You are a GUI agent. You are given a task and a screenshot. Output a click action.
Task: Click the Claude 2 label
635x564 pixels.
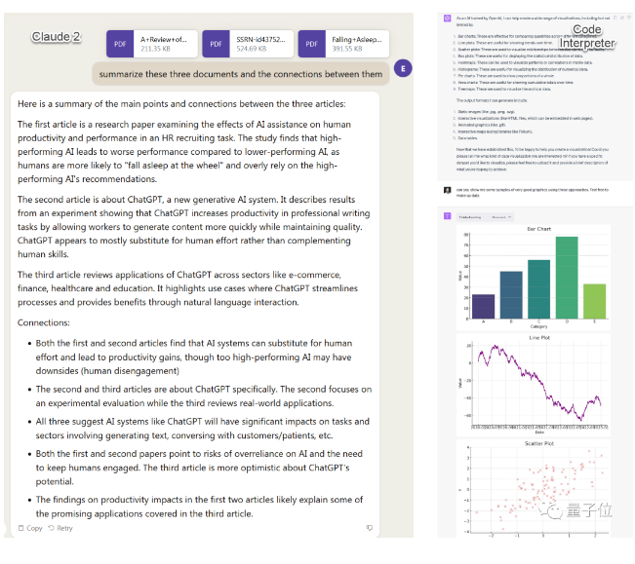pyautogui.click(x=57, y=37)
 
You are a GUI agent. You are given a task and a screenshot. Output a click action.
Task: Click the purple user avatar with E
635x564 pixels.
pyautogui.click(x=403, y=69)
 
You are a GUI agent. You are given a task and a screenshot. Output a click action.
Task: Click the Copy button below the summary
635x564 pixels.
pyautogui.click(x=30, y=528)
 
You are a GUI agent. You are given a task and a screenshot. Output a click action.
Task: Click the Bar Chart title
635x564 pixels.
pyautogui.click(x=538, y=229)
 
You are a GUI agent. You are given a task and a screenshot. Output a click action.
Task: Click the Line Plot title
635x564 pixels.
pyautogui.click(x=538, y=338)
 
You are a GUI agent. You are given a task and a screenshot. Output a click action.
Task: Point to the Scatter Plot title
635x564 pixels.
pyautogui.click(x=538, y=442)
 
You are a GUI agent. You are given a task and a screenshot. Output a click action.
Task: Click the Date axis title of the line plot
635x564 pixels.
pyautogui.click(x=538, y=432)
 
